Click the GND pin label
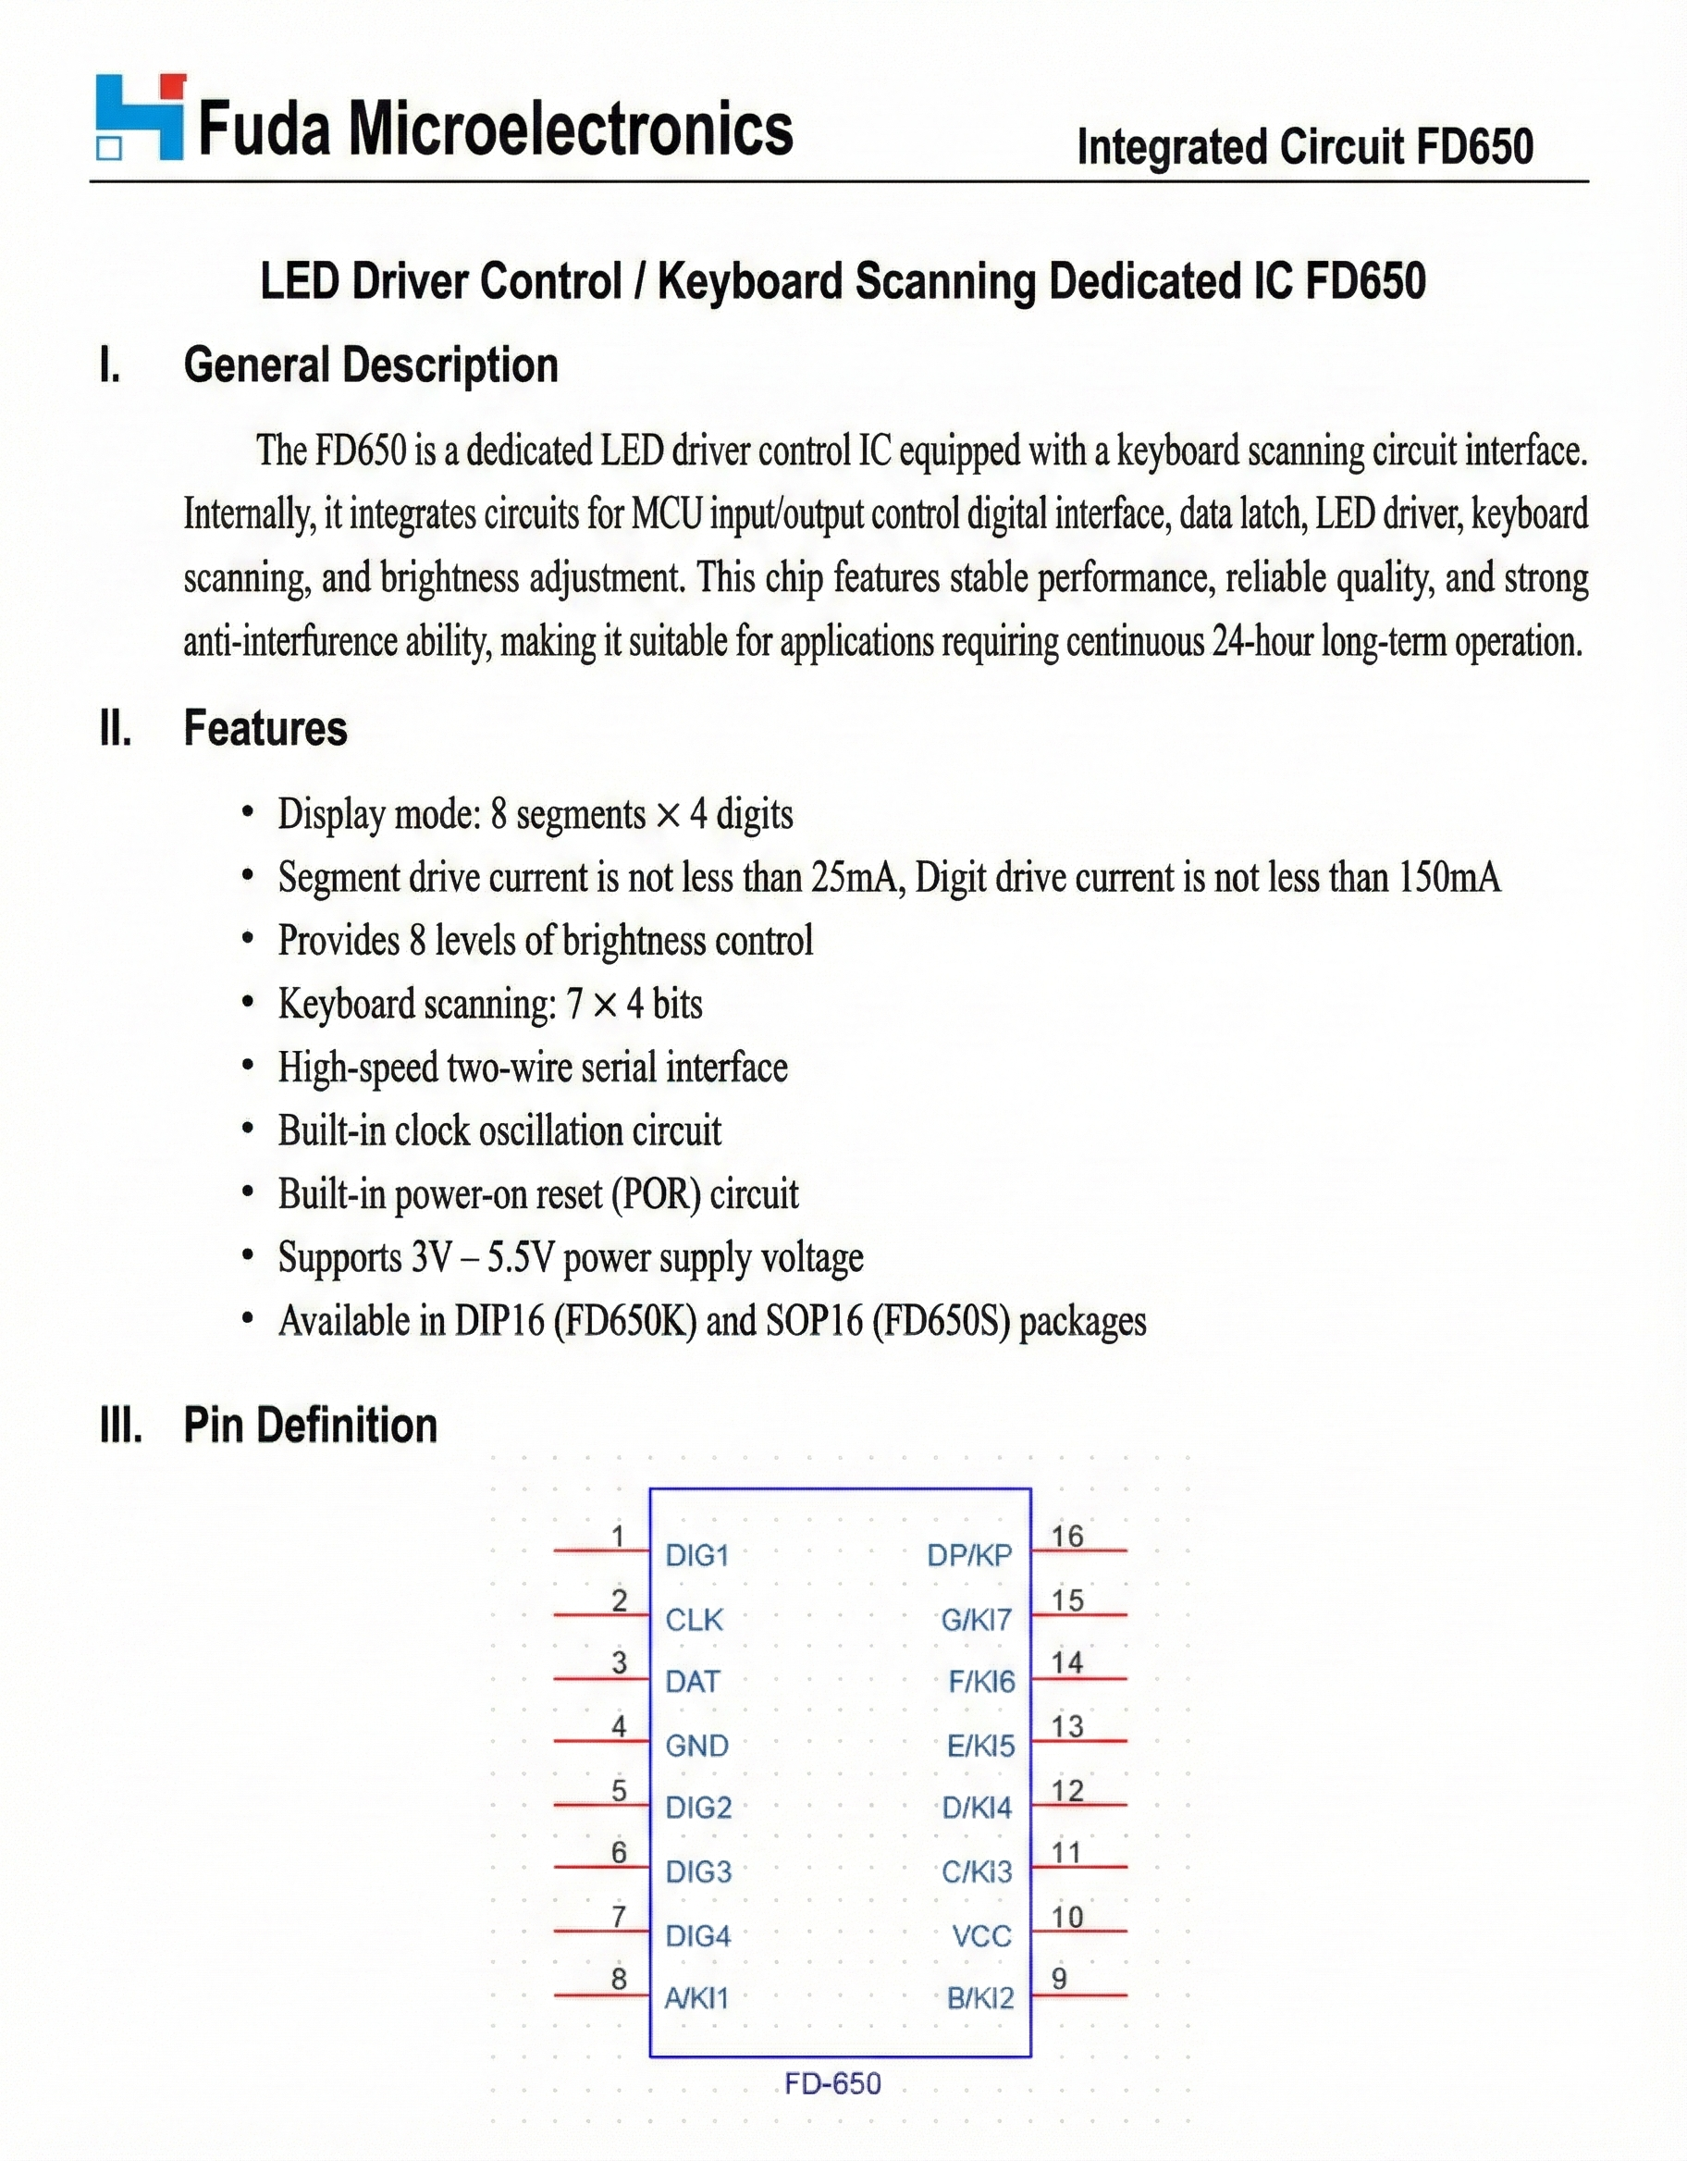point(696,1745)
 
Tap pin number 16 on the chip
point(1066,1536)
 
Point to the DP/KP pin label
point(969,1555)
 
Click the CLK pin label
point(694,1620)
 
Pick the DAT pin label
point(692,1681)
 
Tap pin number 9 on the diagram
point(1059,1978)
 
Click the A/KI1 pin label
point(696,1998)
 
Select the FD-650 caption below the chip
point(832,2084)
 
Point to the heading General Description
point(371,365)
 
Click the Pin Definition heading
point(310,1425)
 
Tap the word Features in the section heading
point(265,728)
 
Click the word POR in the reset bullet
point(655,1194)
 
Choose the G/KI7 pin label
point(977,1620)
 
